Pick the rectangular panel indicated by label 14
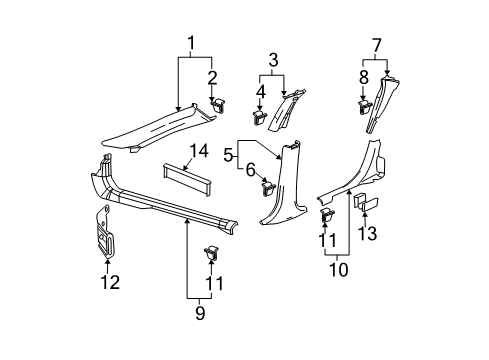183,180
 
